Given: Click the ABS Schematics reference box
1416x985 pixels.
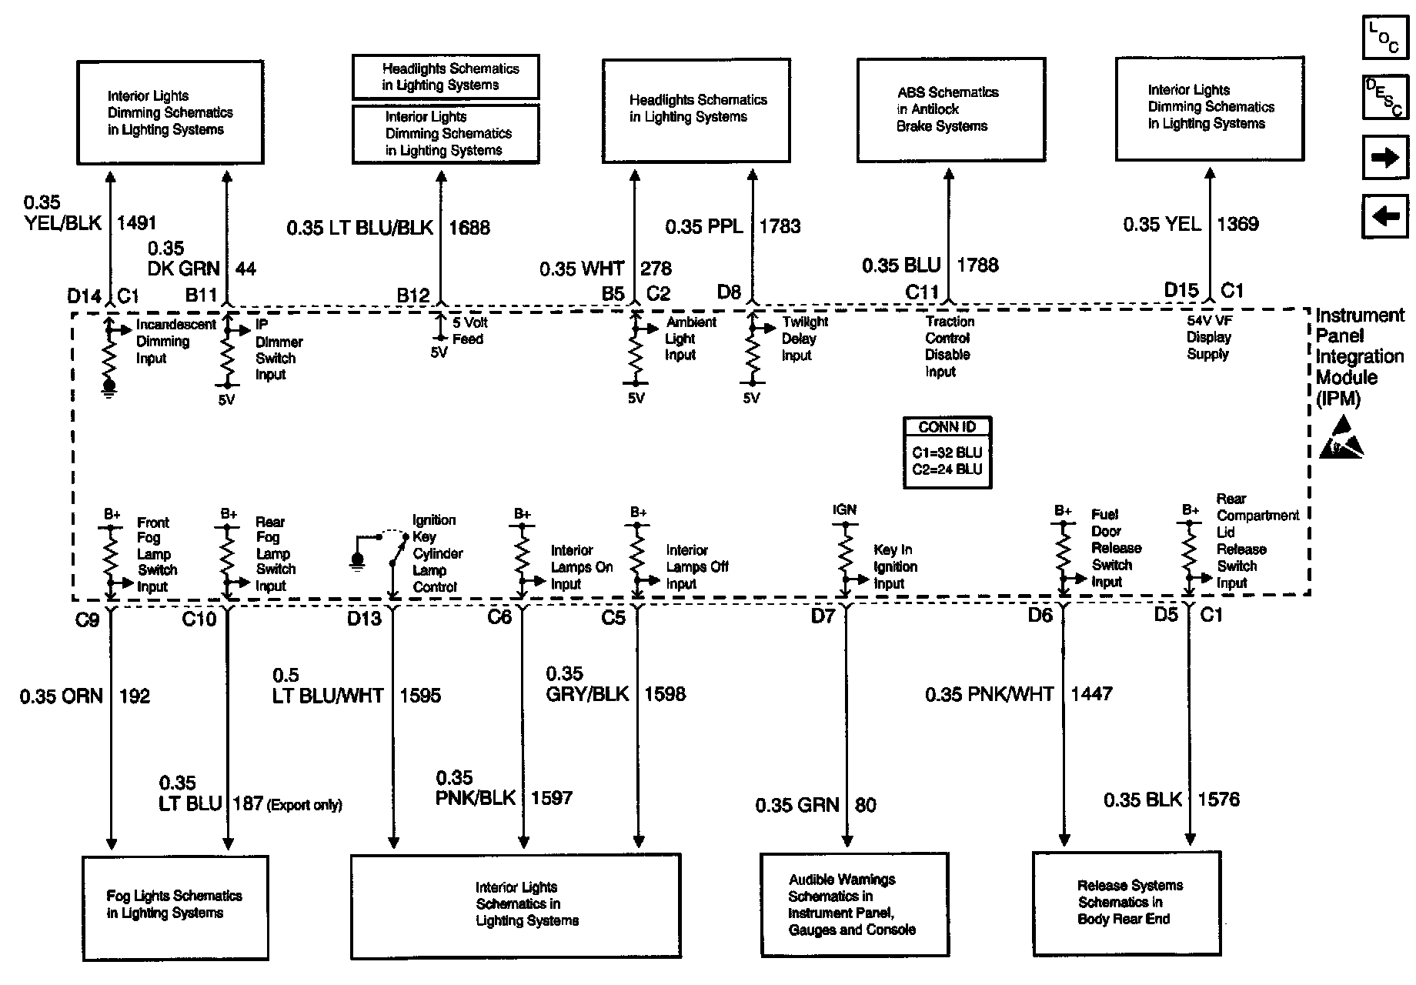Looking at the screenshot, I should pyautogui.click(x=950, y=109).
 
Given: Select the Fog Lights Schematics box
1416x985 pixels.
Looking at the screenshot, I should pyautogui.click(x=175, y=907).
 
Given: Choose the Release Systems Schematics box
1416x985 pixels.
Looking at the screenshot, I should pyautogui.click(x=1126, y=902).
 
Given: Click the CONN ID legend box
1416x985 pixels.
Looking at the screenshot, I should pyautogui.click(x=947, y=452).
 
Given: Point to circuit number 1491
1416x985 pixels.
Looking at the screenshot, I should pyautogui.click(x=136, y=223).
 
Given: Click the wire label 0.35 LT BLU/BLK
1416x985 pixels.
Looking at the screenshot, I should pyautogui.click(x=360, y=228).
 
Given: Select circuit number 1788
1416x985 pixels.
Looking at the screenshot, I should pyautogui.click(x=977, y=265).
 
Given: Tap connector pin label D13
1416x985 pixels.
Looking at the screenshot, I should pyautogui.click(x=364, y=619).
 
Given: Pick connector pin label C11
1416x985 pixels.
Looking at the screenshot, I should pyautogui.click(x=922, y=292).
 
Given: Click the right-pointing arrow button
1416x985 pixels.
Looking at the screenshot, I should pyautogui.click(x=1385, y=158).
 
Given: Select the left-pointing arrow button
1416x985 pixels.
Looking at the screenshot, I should pyautogui.click(x=1385, y=216).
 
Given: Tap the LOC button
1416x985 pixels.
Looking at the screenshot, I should pyautogui.click(x=1385, y=38).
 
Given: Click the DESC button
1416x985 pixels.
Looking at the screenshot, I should pyautogui.click(x=1385, y=98).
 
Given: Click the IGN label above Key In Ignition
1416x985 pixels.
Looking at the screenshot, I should pyautogui.click(x=844, y=509).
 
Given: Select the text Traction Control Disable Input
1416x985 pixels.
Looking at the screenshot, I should pyautogui.click(x=949, y=346).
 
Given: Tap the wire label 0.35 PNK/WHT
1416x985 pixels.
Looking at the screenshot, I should pyautogui.click(x=989, y=694).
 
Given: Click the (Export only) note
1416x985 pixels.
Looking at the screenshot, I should pyautogui.click(x=304, y=805).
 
